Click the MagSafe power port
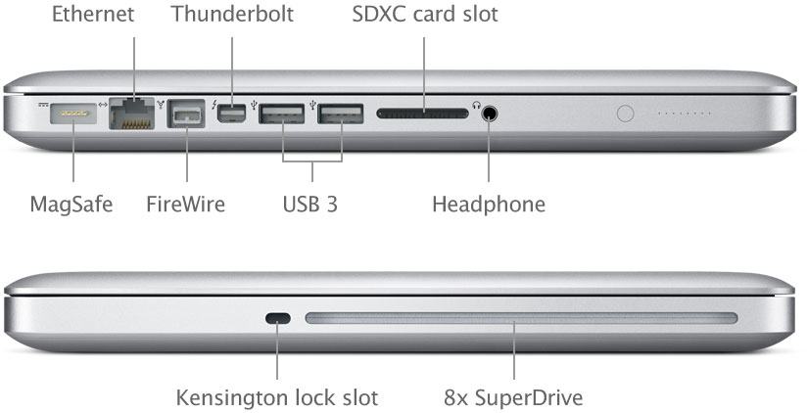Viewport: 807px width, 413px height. tap(73, 114)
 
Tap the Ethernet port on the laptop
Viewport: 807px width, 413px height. tap(132, 114)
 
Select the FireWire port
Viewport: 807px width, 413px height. tap(186, 114)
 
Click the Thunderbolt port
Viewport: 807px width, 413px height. tap(231, 114)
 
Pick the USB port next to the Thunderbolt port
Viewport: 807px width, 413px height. tap(281, 114)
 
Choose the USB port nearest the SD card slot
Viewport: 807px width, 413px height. tap(341, 114)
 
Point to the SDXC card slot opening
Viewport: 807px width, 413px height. tap(423, 114)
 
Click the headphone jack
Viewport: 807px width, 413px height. tap(490, 114)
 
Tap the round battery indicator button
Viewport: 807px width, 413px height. tap(625, 114)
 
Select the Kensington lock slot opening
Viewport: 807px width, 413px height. tap(278, 318)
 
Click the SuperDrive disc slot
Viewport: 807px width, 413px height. tap(521, 318)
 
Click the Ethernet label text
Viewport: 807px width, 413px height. tap(93, 14)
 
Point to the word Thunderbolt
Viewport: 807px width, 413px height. tap(233, 14)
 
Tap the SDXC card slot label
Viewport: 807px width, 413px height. tap(425, 14)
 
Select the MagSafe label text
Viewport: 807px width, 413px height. tap(71, 205)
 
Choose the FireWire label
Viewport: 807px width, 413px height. tap(186, 204)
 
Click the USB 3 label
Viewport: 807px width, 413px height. tap(310, 204)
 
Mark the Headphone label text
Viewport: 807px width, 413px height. tap(489, 205)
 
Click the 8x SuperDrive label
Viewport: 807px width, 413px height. tap(513, 397)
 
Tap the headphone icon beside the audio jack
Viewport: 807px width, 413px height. tap(476, 105)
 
